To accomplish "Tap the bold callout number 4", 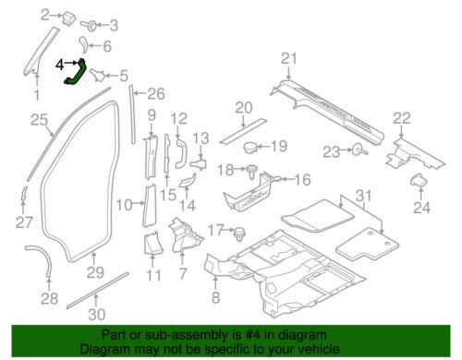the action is pyautogui.click(x=60, y=65).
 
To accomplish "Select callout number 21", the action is pyautogui.click(x=288, y=58).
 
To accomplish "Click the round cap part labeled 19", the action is pyautogui.click(x=250, y=148).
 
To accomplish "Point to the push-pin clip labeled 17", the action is pyautogui.click(x=239, y=234).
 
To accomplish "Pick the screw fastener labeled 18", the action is pyautogui.click(x=251, y=172).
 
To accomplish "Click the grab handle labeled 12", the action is pyautogui.click(x=181, y=153).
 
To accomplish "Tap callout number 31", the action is pyautogui.click(x=365, y=196).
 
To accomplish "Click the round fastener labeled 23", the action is pyautogui.click(x=359, y=150).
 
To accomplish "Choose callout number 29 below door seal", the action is pyautogui.click(x=95, y=272).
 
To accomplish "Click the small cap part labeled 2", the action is pyautogui.click(x=68, y=18).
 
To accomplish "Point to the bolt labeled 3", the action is pyautogui.click(x=89, y=25).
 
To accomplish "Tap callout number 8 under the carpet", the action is pyautogui.click(x=215, y=297).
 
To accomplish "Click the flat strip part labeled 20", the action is pyautogui.click(x=243, y=130).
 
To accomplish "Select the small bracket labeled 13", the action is pyautogui.click(x=199, y=163).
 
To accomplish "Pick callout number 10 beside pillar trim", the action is pyautogui.click(x=124, y=205).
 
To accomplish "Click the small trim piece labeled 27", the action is pyautogui.click(x=24, y=196).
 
